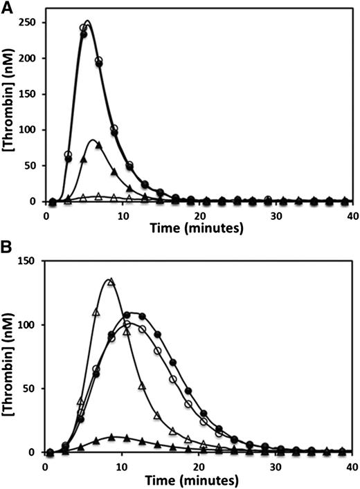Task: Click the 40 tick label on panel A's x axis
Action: tap(352, 214)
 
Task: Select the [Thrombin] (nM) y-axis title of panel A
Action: tap(10, 111)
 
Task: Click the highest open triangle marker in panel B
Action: tap(110, 282)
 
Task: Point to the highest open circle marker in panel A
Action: tap(84, 28)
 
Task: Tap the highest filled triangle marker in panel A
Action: tap(98, 145)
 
